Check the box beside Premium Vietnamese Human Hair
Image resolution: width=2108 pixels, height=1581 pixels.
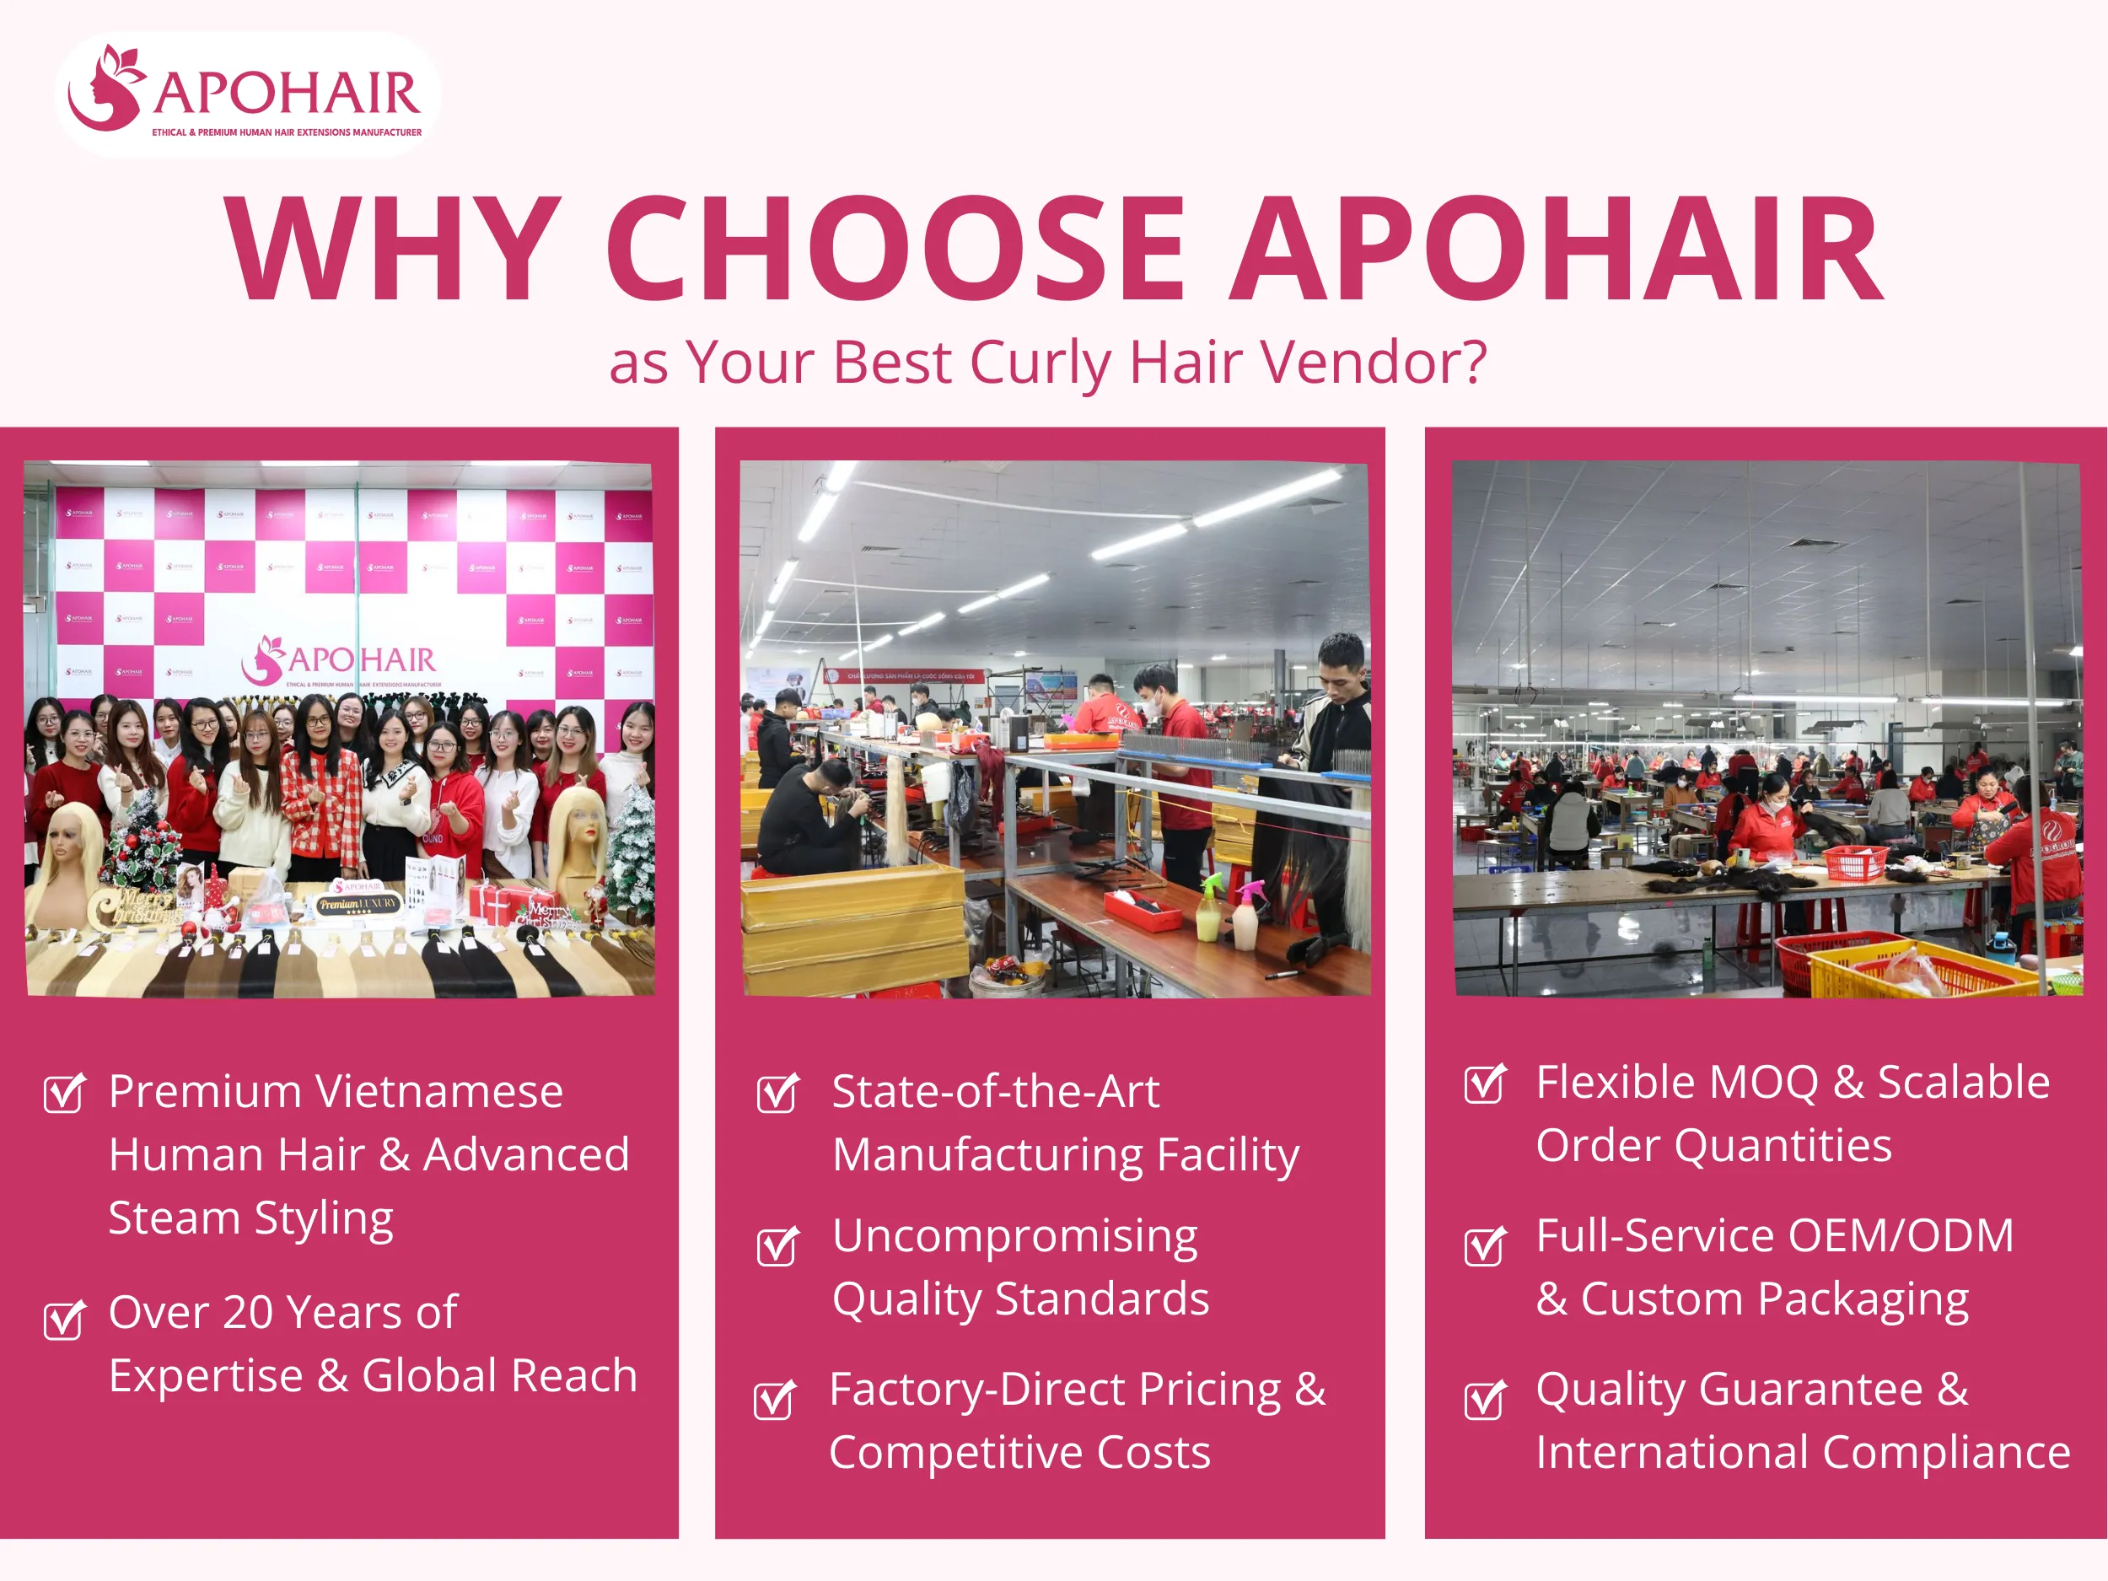(64, 1093)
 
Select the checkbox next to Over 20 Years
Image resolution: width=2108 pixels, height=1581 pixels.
(64, 1320)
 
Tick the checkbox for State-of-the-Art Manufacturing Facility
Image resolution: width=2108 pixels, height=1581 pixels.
(777, 1093)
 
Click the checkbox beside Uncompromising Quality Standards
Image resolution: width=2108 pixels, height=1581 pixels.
(777, 1245)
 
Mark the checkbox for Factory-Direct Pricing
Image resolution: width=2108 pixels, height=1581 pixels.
(774, 1399)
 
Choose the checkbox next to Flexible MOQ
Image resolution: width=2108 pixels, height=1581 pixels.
(1485, 1084)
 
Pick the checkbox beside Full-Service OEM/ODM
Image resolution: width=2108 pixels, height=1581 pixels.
(1485, 1245)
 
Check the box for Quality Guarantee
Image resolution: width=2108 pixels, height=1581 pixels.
(1485, 1399)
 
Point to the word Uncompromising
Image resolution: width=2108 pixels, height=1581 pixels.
(1015, 1237)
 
